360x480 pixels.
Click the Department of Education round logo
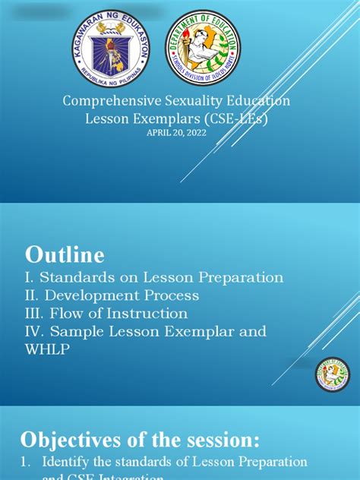pyautogui.click(x=203, y=49)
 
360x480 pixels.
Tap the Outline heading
pyautogui.click(x=65, y=254)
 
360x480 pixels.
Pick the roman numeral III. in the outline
pyautogui.click(x=37, y=314)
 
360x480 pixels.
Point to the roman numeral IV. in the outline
pyautogui.click(x=36, y=331)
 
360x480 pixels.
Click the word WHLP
pyautogui.click(x=49, y=349)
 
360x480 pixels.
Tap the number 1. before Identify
pyautogui.click(x=27, y=462)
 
